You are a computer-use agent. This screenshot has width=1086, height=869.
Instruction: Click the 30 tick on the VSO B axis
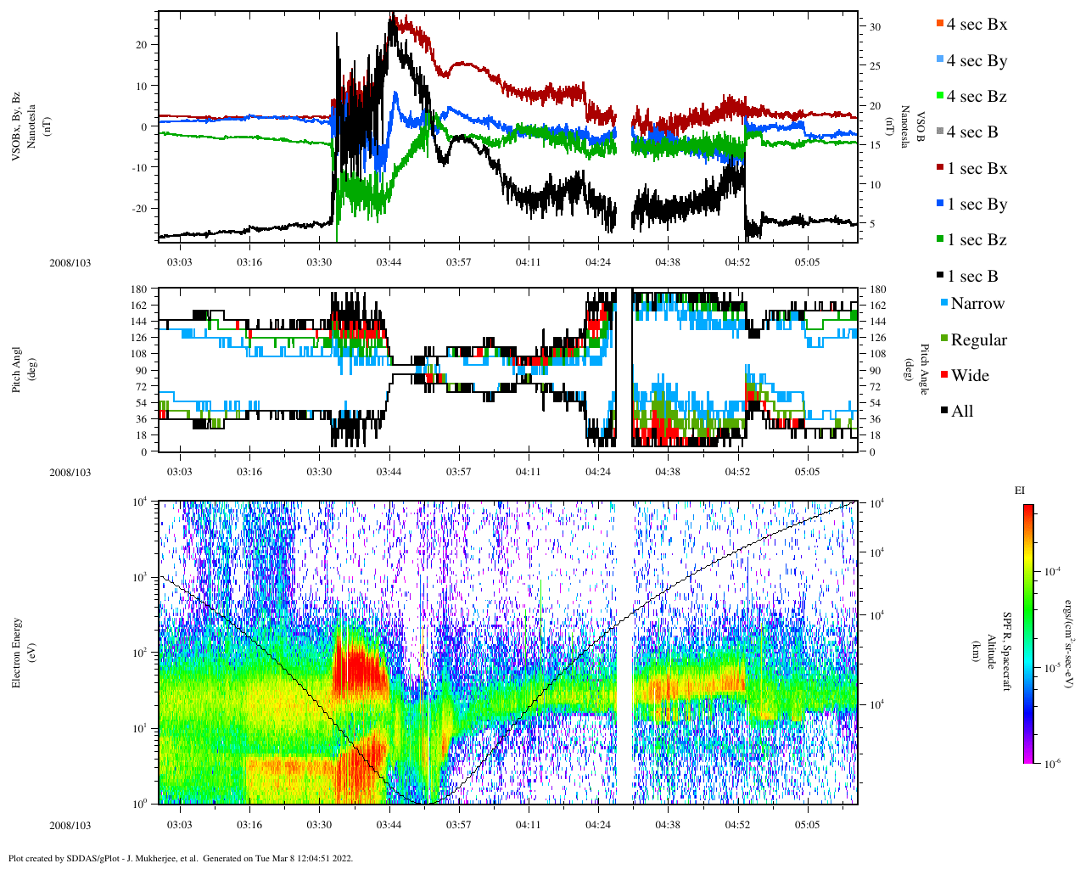click(x=875, y=27)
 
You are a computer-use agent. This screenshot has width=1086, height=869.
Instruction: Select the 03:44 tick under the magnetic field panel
click(x=389, y=262)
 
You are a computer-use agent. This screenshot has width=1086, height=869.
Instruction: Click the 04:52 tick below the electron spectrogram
click(x=737, y=825)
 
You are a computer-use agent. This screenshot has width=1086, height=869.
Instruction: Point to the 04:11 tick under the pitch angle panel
click(x=528, y=472)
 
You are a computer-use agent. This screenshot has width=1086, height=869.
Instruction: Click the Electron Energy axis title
click(x=16, y=652)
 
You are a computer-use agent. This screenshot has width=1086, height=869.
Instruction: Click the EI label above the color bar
click(x=1020, y=491)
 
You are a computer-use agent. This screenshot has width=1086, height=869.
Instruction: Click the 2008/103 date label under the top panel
click(x=70, y=263)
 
